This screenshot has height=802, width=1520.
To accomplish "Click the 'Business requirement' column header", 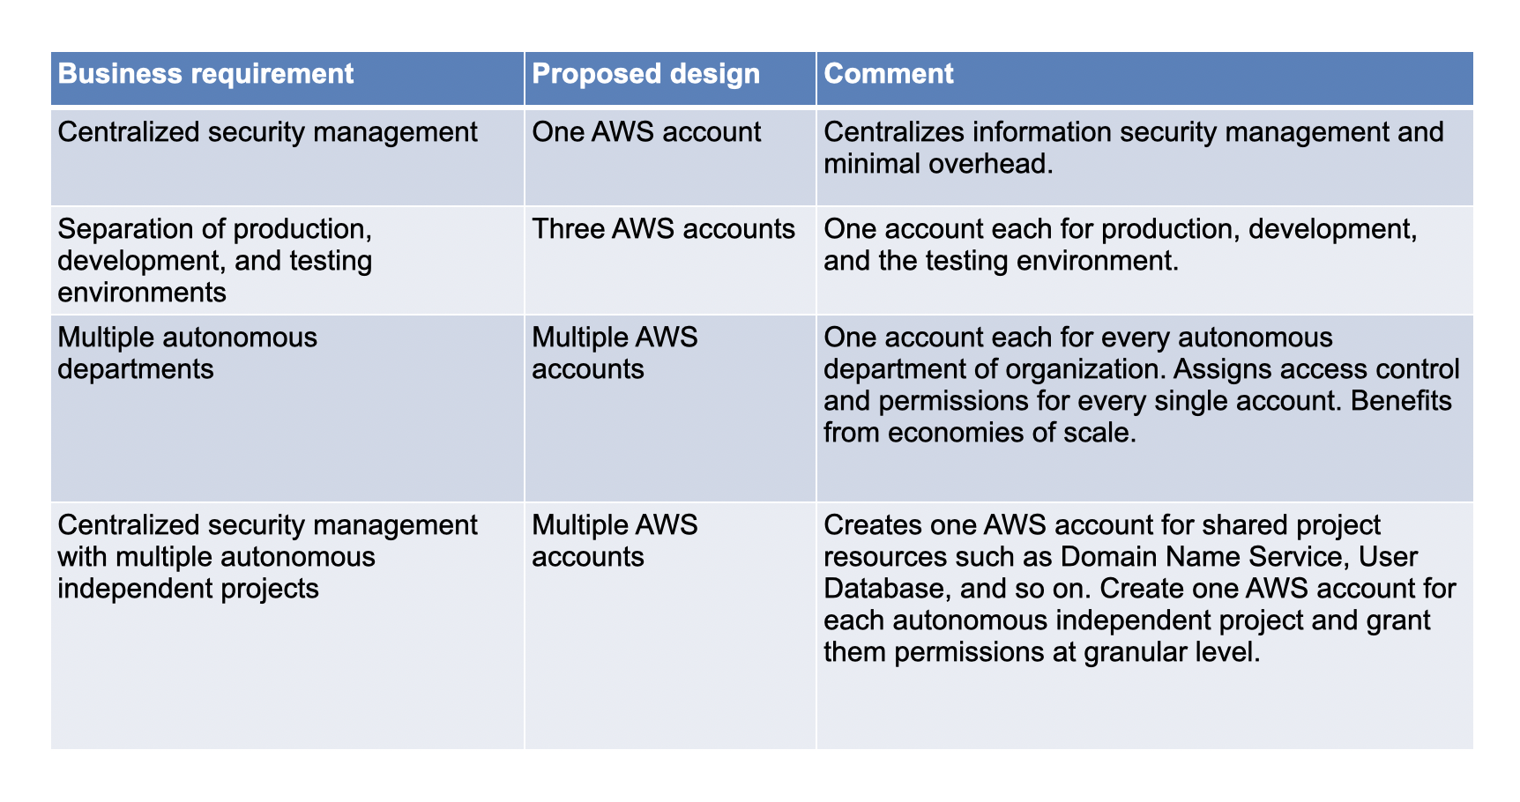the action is (206, 73).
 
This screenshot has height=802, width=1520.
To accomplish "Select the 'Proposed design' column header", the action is (646, 73).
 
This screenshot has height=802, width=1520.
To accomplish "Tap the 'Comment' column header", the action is (889, 73).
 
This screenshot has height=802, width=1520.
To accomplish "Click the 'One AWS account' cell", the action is (646, 132).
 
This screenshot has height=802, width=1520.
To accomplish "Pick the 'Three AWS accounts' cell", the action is (664, 229).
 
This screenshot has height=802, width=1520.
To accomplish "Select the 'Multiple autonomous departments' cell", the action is (188, 353).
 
